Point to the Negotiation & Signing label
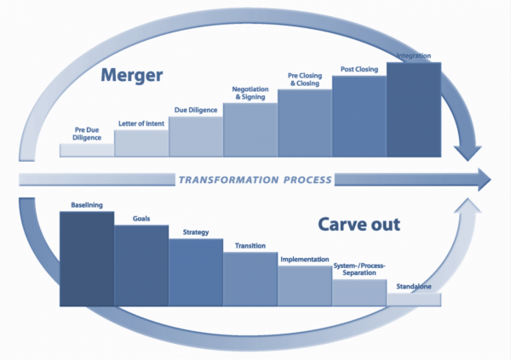(x=250, y=93)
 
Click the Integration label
(x=414, y=58)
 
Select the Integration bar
(x=414, y=111)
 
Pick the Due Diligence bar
(x=196, y=138)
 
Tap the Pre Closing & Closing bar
(x=305, y=124)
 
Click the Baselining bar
(x=87, y=260)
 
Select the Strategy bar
(x=196, y=272)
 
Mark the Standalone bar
(x=414, y=300)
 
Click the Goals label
(x=141, y=219)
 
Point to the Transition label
(x=250, y=246)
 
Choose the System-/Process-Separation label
(x=359, y=269)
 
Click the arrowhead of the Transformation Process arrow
(x=483, y=180)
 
